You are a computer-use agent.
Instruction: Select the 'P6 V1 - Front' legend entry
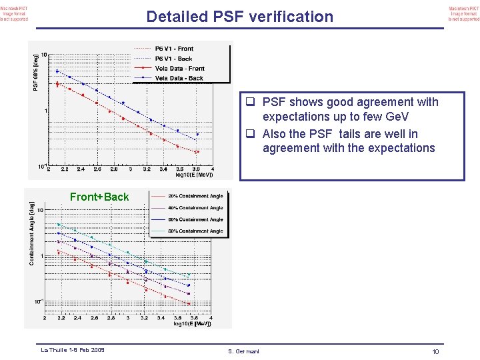(x=174, y=49)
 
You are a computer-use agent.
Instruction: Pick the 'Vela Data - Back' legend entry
(x=179, y=79)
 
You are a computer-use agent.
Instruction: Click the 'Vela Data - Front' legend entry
(x=179, y=69)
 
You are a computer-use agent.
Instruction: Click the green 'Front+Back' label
(x=99, y=197)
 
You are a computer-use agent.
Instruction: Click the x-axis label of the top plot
(x=194, y=175)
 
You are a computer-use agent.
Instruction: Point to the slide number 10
(x=435, y=351)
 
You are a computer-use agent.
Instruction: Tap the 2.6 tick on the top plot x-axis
(x=97, y=169)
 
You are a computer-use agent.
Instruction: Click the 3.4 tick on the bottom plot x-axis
(x=161, y=318)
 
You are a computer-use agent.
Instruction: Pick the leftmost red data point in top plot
(x=57, y=84)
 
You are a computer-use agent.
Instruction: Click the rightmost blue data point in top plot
(x=197, y=135)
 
